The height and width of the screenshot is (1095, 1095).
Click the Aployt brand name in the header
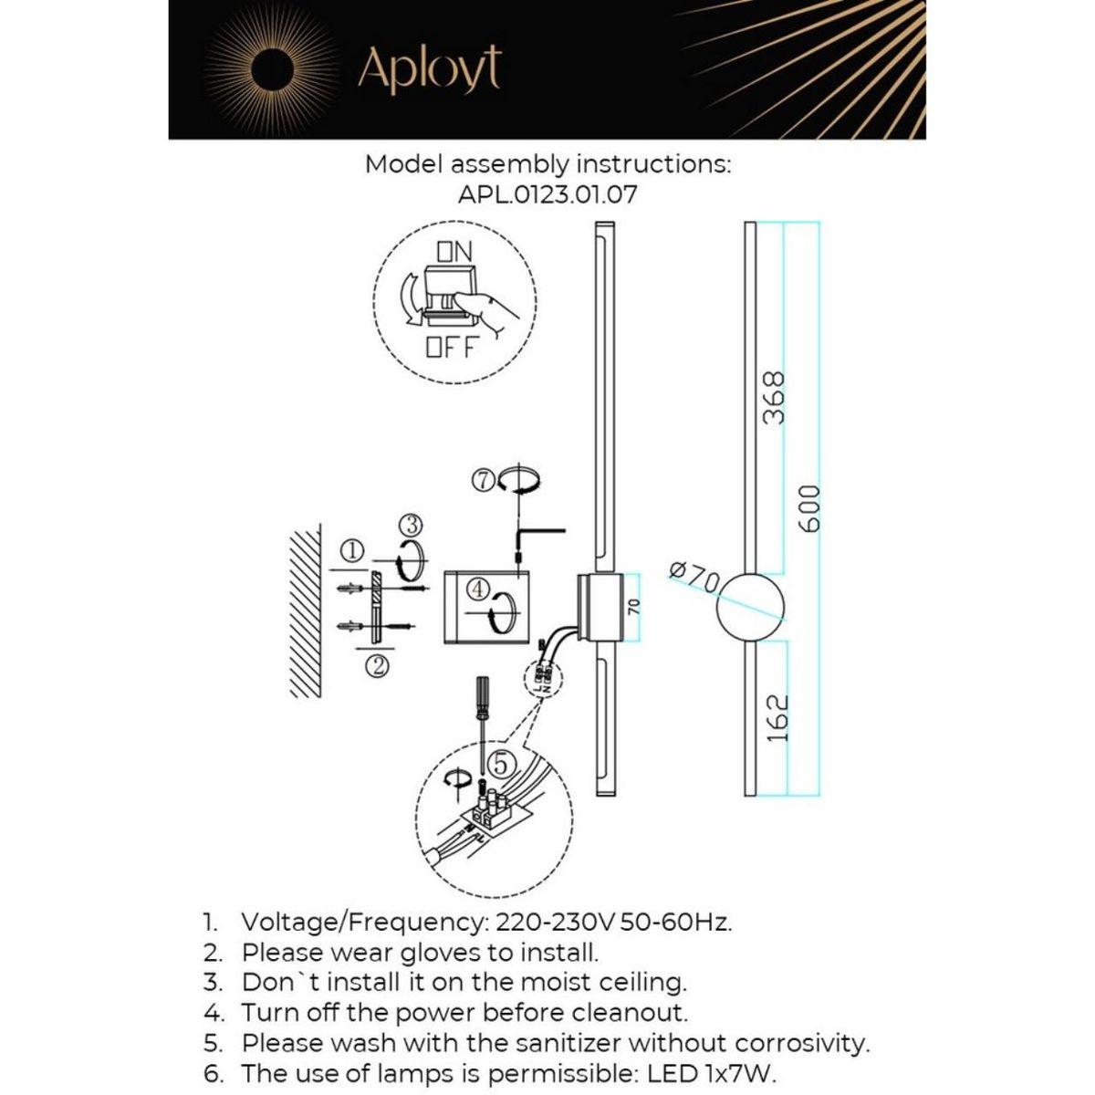click(x=429, y=68)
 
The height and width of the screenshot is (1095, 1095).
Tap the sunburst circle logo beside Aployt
click(x=271, y=69)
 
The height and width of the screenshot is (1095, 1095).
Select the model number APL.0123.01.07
click(x=547, y=194)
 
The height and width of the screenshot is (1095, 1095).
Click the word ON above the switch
click(x=454, y=251)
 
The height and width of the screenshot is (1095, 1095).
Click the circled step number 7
click(x=485, y=479)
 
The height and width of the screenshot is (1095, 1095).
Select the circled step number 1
click(x=353, y=550)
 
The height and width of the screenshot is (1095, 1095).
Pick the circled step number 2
click(x=378, y=666)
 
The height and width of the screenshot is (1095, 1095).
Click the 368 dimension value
click(x=773, y=397)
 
